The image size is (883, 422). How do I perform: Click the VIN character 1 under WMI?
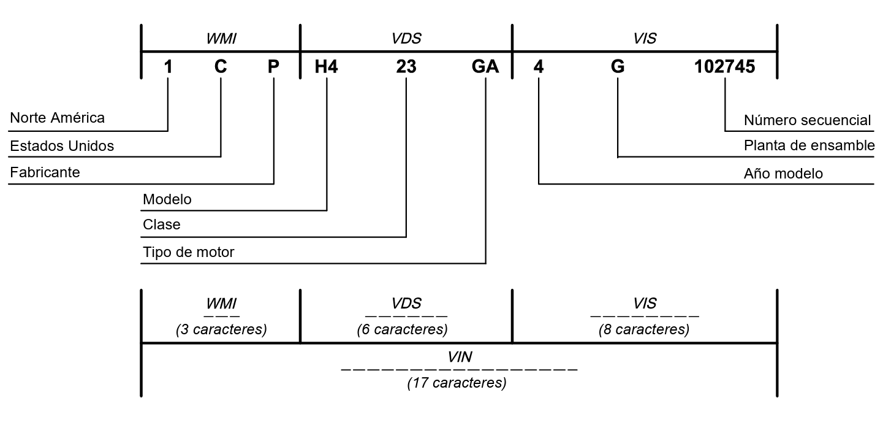click(x=168, y=67)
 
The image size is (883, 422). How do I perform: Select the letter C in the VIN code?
click(x=221, y=67)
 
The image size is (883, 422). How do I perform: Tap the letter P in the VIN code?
click(x=273, y=67)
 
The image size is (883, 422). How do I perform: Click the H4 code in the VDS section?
click(x=327, y=67)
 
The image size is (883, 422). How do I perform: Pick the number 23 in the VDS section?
click(x=406, y=67)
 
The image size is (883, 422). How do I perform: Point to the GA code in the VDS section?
click(x=485, y=67)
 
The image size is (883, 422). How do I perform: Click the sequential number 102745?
click(x=724, y=67)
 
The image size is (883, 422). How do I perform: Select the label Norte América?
click(x=58, y=118)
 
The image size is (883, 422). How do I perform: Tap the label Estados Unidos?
click(x=62, y=146)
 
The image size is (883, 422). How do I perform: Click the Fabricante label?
click(x=45, y=173)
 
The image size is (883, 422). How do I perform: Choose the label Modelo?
click(x=167, y=199)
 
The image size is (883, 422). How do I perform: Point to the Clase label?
click(x=162, y=225)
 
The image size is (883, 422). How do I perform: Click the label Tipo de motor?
click(x=189, y=252)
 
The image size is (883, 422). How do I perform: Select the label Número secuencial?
click(x=807, y=120)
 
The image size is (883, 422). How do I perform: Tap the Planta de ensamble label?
click(x=809, y=146)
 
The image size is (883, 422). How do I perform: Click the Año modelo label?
click(x=783, y=174)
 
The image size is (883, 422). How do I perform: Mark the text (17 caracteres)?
click(x=457, y=384)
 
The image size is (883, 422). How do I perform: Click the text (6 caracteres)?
click(x=402, y=329)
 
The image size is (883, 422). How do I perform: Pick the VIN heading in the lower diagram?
click(x=460, y=357)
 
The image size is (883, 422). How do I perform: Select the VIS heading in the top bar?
click(x=645, y=39)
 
